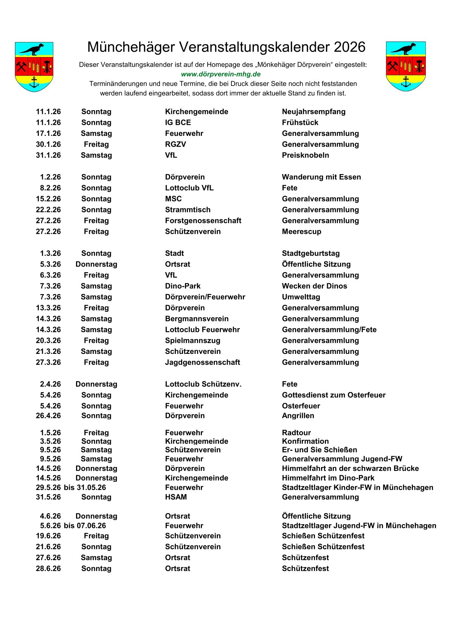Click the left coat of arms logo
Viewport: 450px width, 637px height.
34,67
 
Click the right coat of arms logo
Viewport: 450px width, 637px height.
406,66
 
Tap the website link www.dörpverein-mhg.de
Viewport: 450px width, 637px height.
221,74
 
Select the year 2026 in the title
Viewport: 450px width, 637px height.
349,47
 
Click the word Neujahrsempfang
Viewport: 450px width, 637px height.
313,112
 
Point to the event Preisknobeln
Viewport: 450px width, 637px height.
305,155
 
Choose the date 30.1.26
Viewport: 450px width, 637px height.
48,144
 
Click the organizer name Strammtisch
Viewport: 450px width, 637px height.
188,210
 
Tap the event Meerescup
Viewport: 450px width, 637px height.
301,232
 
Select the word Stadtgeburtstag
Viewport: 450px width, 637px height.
310,253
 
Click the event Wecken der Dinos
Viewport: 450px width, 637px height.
314,286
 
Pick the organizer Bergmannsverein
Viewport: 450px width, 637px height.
197,319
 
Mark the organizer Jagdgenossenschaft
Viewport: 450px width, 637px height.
202,362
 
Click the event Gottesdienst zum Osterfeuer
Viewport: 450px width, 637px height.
334,395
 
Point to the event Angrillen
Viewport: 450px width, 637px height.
298,416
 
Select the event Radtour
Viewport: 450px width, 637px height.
296,433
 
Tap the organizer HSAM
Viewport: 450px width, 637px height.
176,497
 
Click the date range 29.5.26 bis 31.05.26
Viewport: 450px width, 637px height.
71,487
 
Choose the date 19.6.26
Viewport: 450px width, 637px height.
48,536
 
